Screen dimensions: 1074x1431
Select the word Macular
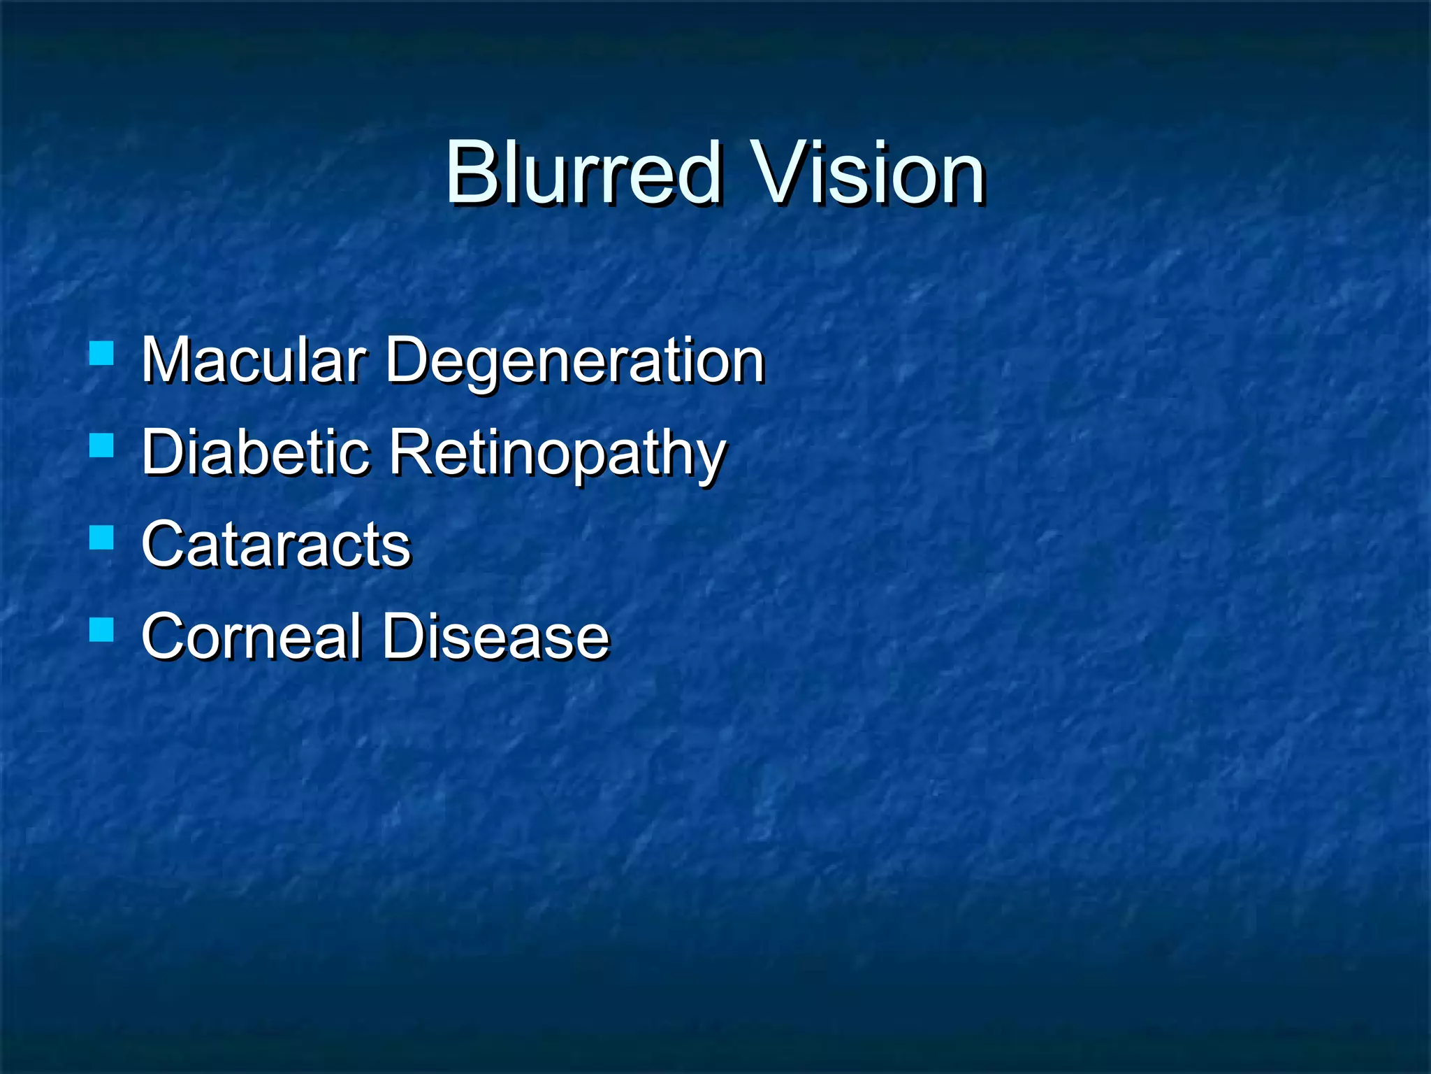(253, 360)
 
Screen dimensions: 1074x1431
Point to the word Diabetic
(255, 452)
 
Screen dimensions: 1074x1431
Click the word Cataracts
(276, 545)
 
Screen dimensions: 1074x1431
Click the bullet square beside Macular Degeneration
(102, 354)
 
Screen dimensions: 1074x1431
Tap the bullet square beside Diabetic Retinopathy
(102, 445)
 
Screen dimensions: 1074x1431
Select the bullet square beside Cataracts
(102, 538)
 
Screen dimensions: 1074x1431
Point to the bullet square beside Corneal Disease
(102, 629)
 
